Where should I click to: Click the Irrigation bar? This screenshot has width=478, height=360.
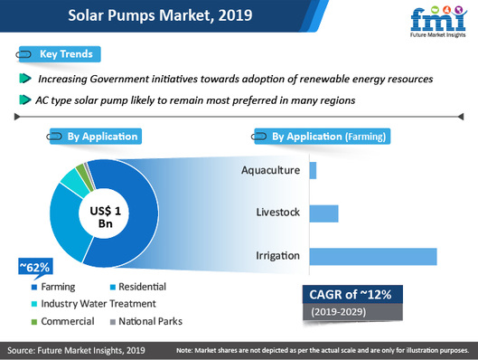point(372,256)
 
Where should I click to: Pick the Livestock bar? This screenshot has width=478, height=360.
point(323,213)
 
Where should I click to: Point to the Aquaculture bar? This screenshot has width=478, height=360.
point(313,170)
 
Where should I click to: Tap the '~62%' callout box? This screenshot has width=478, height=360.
point(34,267)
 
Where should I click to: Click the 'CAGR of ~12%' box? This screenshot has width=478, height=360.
point(352,295)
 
